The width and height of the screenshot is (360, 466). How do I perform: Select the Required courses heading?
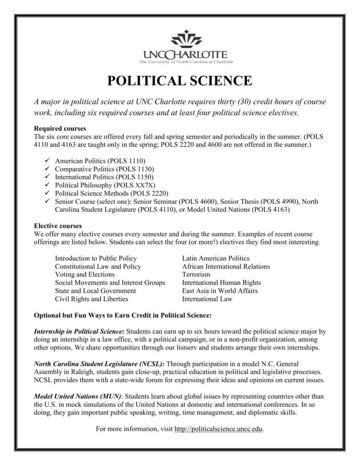(x=60, y=129)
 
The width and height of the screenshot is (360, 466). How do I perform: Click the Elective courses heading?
(x=58, y=226)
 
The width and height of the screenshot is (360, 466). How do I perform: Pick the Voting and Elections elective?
(x=85, y=275)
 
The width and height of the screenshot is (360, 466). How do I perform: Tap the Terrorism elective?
(x=196, y=275)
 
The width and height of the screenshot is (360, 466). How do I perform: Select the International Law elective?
(x=207, y=299)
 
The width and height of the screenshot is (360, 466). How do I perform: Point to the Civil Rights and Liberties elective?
(x=91, y=299)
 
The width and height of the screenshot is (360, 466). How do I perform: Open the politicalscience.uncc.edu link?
(x=218, y=430)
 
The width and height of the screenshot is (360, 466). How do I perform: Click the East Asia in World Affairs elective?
(x=220, y=291)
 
